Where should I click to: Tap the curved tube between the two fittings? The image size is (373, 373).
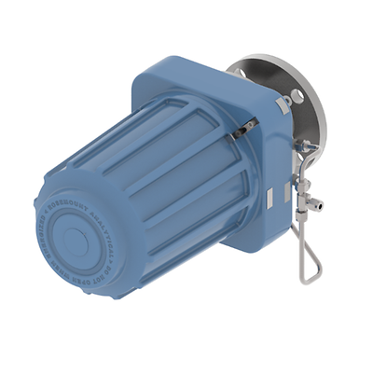(298, 168)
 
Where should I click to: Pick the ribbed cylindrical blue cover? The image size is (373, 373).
(140, 177)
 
